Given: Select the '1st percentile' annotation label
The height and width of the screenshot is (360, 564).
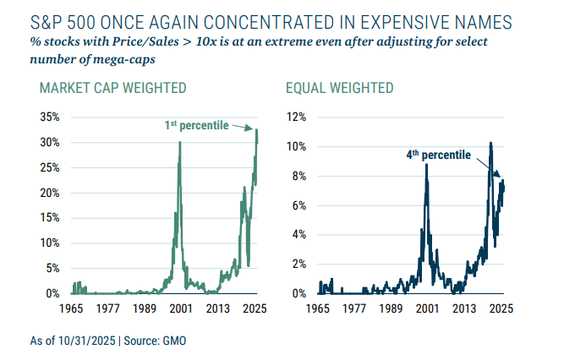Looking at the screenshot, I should (196, 125).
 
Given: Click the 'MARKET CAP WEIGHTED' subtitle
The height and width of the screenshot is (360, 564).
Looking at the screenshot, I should (113, 88).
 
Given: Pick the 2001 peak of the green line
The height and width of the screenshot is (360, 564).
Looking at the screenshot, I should (179, 142).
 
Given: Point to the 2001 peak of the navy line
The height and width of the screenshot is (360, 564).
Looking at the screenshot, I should (425, 165).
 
